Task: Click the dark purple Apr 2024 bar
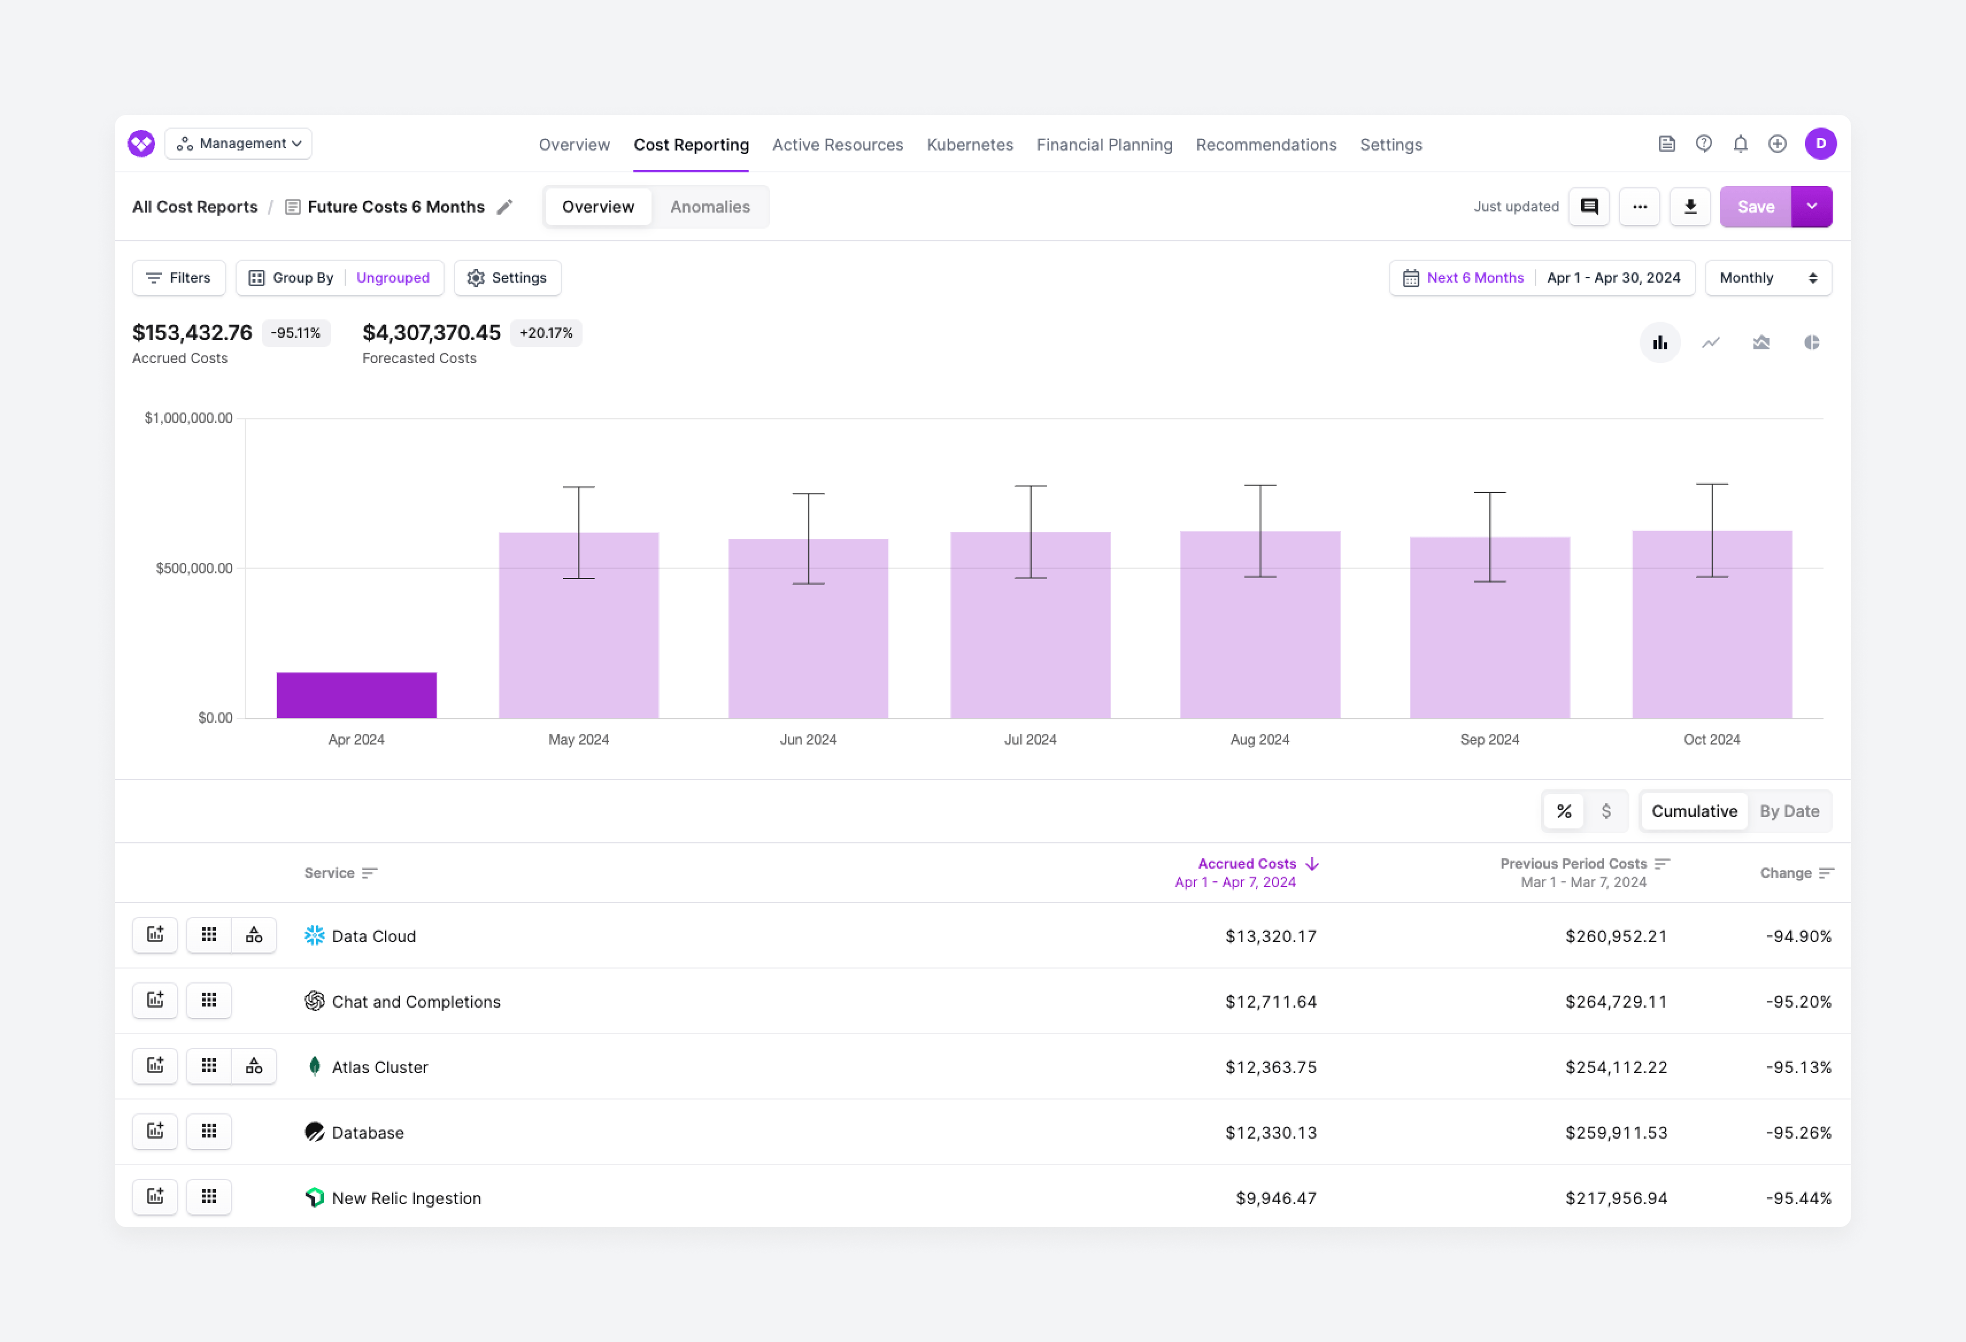[x=356, y=696]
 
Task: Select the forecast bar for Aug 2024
[x=1259, y=626]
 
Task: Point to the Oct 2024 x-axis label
[x=1711, y=739]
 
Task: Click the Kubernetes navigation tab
[x=969, y=145]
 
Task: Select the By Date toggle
[x=1788, y=811]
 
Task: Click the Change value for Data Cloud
[x=1798, y=936]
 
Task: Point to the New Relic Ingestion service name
[x=406, y=1198]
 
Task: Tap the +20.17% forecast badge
[x=546, y=333]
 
